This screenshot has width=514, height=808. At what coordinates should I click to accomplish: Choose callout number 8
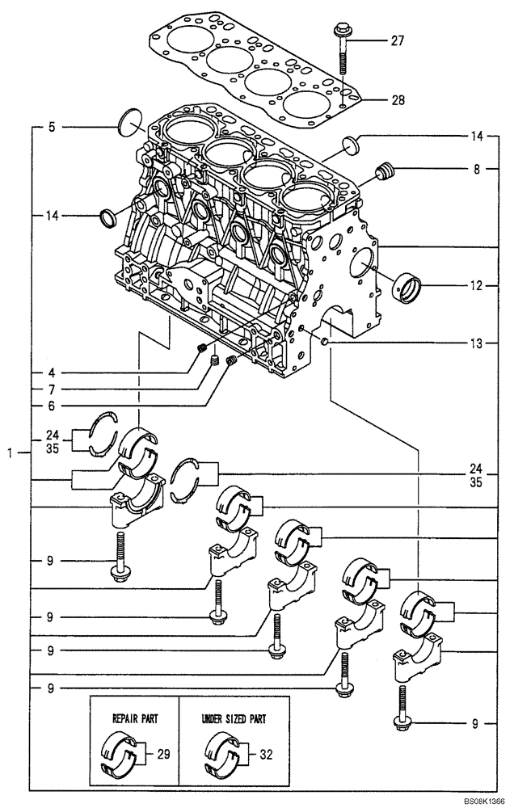coord(476,170)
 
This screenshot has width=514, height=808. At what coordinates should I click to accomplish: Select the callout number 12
coord(476,285)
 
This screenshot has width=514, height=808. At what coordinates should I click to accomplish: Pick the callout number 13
coord(476,343)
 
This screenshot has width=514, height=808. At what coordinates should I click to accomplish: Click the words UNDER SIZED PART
coord(234,718)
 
